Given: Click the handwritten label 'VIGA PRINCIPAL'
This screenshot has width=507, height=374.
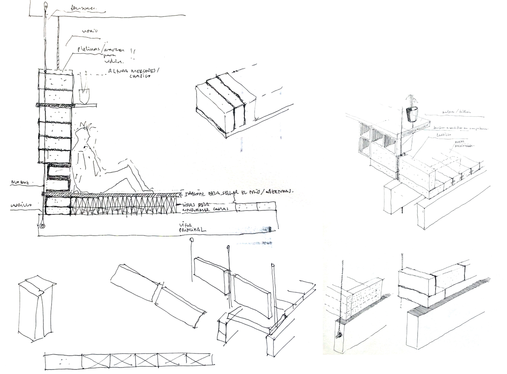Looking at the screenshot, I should pos(192,227).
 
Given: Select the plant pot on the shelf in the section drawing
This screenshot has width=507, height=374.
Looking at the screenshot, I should pos(84,95).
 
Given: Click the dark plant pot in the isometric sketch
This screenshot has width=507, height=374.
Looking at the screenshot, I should pos(412,114).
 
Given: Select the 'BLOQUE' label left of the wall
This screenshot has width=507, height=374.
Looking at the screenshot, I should pos(20,183).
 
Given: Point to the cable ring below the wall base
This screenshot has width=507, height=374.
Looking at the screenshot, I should pos(42,226).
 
